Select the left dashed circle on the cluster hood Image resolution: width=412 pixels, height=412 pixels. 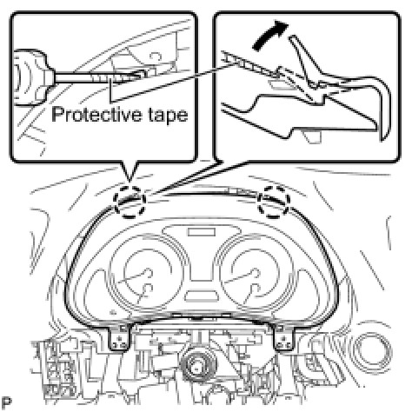tap(130, 202)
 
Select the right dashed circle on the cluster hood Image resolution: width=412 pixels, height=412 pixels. tap(274, 202)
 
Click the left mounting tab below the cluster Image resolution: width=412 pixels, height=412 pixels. tap(119, 336)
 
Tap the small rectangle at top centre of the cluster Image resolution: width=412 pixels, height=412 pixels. tap(202, 232)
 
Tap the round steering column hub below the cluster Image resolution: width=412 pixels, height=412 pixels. tap(197, 368)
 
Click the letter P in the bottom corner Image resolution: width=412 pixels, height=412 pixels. tap(7, 402)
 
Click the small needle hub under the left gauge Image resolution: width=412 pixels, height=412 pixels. tap(149, 289)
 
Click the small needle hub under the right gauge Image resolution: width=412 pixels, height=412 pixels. tap(255, 289)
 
